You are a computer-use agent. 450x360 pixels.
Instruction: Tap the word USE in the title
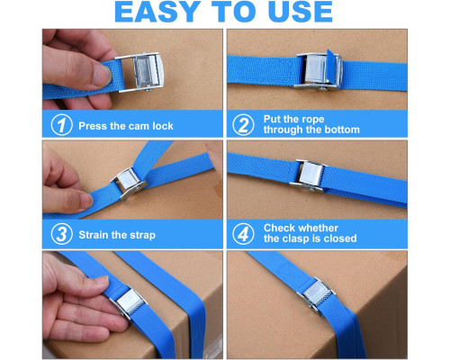301,12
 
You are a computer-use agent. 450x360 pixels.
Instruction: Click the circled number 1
61,125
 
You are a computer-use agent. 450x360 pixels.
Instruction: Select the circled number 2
243,125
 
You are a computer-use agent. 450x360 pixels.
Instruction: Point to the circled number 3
61,234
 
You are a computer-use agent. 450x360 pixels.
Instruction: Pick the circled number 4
243,234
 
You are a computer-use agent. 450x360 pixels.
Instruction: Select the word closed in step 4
340,238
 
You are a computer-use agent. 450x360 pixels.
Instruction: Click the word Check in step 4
279,228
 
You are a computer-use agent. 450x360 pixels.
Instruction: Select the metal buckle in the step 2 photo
318,71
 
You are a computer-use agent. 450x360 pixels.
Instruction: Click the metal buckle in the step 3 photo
129,183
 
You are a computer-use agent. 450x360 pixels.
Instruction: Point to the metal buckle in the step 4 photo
309,175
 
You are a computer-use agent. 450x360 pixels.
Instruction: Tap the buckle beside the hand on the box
129,302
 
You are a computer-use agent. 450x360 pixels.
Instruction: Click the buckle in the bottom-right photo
317,295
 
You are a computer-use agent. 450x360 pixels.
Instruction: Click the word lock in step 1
163,126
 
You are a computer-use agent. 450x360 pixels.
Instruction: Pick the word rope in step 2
312,120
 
